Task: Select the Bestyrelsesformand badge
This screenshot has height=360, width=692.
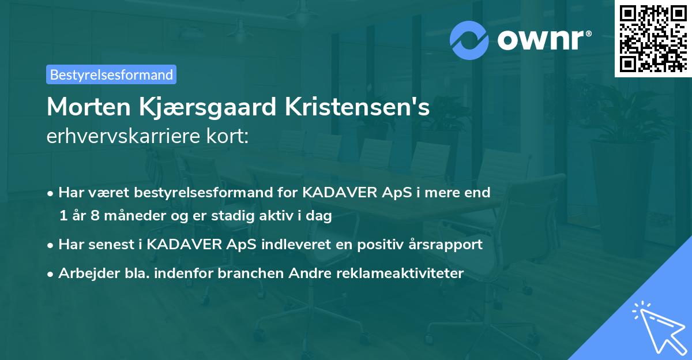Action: (x=111, y=74)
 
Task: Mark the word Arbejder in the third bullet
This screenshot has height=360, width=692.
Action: (x=85, y=273)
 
